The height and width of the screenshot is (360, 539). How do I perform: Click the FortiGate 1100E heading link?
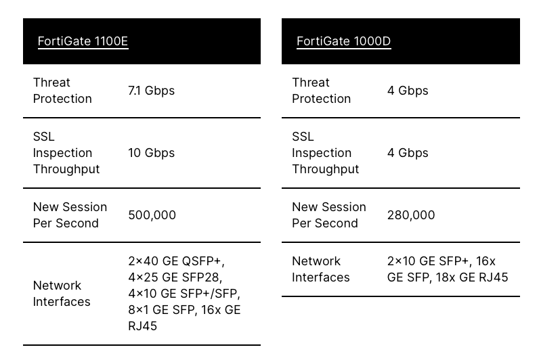click(83, 41)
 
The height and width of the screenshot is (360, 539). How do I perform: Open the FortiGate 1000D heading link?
click(344, 41)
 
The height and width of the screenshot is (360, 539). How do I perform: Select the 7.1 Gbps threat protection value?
click(151, 91)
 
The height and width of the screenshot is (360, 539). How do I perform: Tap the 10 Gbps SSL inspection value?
click(151, 153)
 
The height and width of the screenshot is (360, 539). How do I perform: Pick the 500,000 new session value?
click(152, 215)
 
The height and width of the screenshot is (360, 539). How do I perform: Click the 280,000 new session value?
click(411, 215)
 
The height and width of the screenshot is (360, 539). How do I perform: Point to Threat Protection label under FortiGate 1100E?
click(62, 91)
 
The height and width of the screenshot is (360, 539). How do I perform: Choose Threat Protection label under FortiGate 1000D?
click(322, 91)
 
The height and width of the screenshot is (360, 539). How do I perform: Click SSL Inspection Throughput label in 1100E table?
click(66, 153)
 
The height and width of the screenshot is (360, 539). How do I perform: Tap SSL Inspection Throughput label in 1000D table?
click(326, 153)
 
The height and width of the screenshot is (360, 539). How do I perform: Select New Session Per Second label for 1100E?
click(70, 215)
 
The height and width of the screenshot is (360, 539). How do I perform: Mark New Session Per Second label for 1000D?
click(329, 215)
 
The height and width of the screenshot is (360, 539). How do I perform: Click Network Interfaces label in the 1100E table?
click(62, 294)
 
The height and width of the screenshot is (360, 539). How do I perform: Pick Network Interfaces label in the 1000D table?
click(321, 269)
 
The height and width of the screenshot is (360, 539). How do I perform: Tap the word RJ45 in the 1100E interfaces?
click(143, 326)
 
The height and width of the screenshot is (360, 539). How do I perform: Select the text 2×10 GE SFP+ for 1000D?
click(428, 261)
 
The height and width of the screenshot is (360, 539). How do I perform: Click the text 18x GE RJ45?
click(472, 277)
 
